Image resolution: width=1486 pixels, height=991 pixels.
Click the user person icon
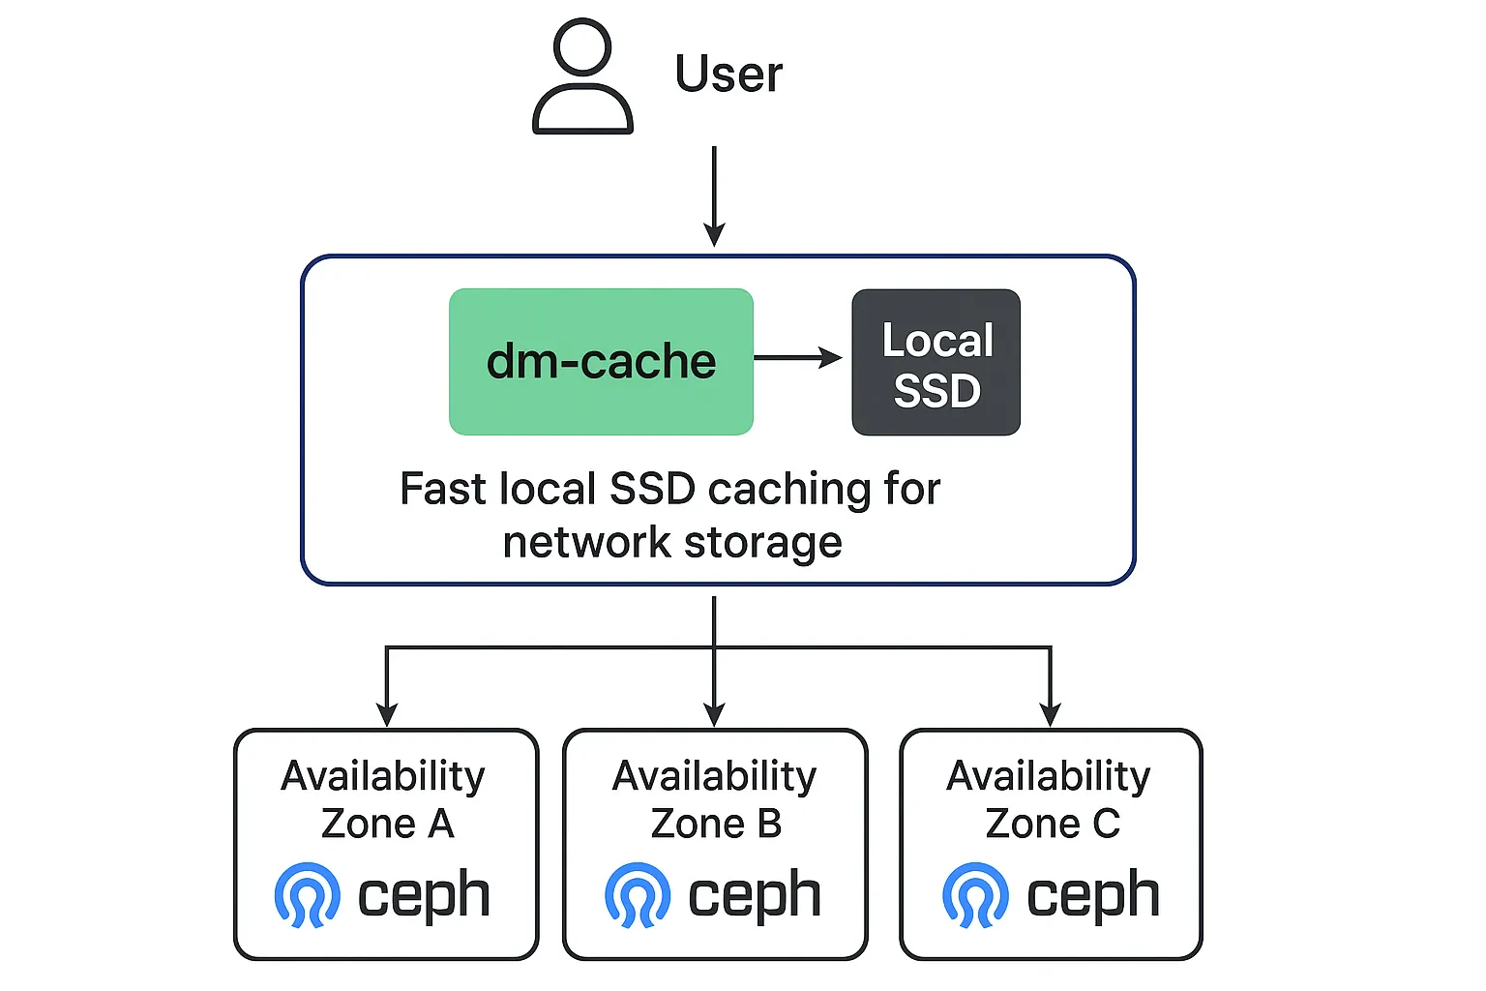[582, 77]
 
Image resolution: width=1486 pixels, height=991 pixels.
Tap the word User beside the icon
[728, 75]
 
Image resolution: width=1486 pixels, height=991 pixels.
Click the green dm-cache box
[601, 362]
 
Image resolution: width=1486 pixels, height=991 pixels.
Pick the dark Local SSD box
[936, 363]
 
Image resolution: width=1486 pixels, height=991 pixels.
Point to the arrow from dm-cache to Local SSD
[798, 358]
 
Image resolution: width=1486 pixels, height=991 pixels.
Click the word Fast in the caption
[442, 489]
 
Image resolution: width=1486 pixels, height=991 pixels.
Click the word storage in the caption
[763, 543]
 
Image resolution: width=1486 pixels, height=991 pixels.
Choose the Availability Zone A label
[384, 799]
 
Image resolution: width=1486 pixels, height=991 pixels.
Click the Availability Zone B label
[715, 799]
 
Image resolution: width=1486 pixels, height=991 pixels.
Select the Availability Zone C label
[1050, 799]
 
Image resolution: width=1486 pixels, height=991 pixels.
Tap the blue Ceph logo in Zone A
[308, 895]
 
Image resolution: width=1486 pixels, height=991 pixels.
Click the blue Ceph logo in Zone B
[638, 895]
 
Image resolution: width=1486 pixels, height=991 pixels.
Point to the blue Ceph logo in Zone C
[975, 895]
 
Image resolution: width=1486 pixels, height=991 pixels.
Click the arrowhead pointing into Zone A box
[387, 715]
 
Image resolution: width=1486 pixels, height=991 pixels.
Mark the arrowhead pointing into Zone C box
[1050, 715]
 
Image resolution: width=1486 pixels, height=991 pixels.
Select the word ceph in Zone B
[754, 895]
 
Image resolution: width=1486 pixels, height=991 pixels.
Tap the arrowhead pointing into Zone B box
[714, 715]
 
